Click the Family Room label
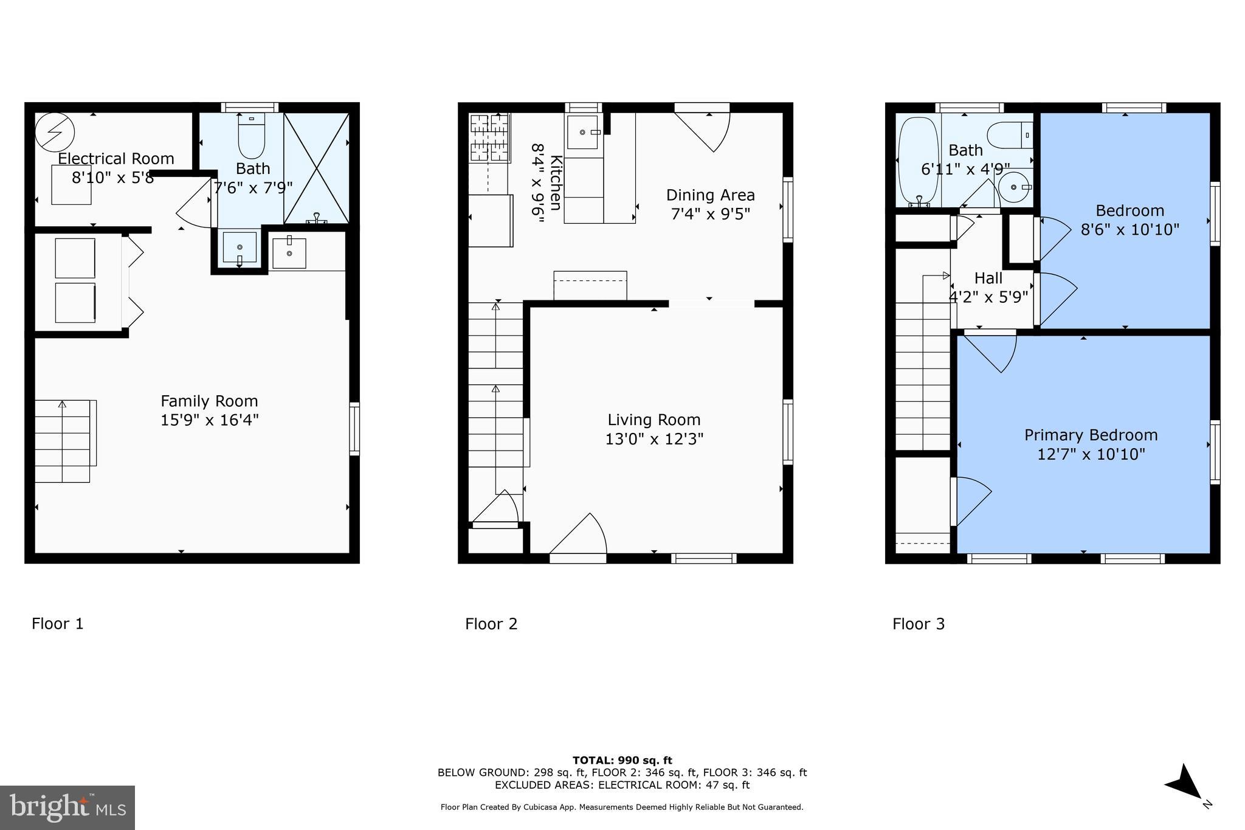tap(209, 401)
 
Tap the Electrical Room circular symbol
tap(55, 133)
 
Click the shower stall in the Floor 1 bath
tap(317, 167)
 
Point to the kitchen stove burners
tap(489, 138)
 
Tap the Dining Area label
tap(710, 195)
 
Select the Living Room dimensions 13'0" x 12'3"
tap(654, 439)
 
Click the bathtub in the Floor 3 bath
tap(918, 160)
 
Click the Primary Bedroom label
tap(1091, 435)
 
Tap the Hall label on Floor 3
tap(988, 278)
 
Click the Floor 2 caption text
tap(491, 624)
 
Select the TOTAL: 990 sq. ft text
tap(622, 760)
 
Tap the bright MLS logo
tap(67, 808)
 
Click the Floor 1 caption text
tap(58, 624)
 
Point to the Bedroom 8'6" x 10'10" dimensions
tap(1129, 230)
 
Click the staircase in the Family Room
tap(63, 441)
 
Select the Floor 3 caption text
tap(919, 624)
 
